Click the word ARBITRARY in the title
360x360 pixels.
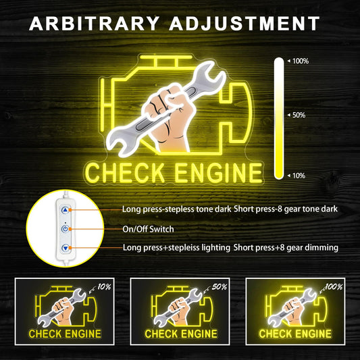(x=94, y=24)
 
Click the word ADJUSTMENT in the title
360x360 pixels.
(x=245, y=24)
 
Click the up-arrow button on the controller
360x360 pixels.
(x=66, y=210)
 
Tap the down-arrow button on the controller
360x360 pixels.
(x=66, y=248)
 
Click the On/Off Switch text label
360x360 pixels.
(x=148, y=229)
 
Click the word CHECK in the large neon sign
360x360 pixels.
(x=125, y=173)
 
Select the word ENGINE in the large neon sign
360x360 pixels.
(x=218, y=173)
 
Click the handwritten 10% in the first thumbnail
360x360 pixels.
(x=104, y=287)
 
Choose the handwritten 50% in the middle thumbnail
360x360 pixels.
(x=220, y=287)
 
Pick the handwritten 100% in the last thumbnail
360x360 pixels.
(x=334, y=287)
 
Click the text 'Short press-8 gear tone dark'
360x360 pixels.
(x=286, y=209)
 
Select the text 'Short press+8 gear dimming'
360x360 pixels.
(x=286, y=248)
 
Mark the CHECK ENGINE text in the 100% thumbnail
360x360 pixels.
(x=295, y=334)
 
